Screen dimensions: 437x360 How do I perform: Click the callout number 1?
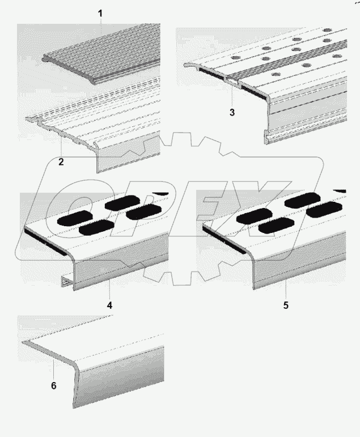pos(101,12)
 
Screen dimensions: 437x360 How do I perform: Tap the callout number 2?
pos(61,162)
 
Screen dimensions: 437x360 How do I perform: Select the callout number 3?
pos(232,112)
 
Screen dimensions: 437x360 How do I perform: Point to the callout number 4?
pos(110,305)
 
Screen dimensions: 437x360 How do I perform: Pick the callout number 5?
pos(286,305)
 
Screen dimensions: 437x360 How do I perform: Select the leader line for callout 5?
pos(286,290)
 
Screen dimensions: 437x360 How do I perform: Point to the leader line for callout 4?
pos(109,288)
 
